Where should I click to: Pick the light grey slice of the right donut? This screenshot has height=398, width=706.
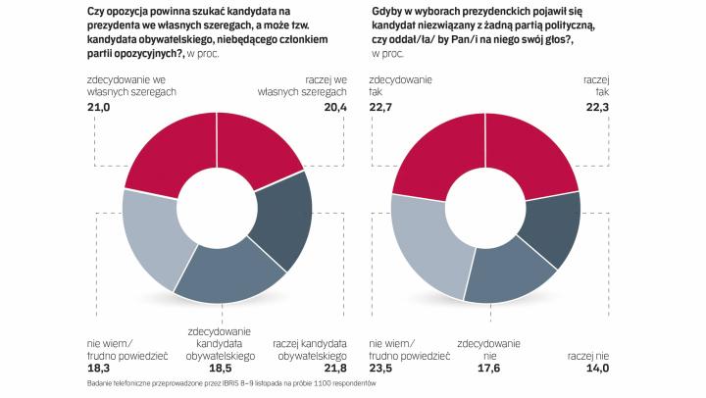[x=421, y=243]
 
